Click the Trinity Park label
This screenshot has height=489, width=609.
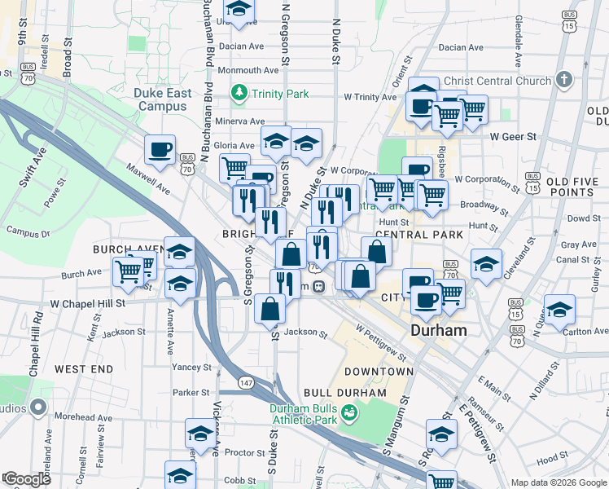click(x=280, y=94)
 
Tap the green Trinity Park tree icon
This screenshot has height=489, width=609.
click(x=239, y=93)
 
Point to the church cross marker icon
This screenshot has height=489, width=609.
click(x=563, y=80)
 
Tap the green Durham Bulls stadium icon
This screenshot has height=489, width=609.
click(x=349, y=414)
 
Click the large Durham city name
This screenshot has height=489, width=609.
click(x=439, y=331)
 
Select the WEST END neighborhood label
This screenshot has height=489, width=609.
click(x=84, y=369)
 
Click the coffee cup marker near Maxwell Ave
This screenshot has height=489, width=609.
click(x=160, y=148)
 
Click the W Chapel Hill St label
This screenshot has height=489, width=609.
click(x=88, y=303)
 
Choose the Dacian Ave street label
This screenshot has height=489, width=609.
click(x=243, y=46)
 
